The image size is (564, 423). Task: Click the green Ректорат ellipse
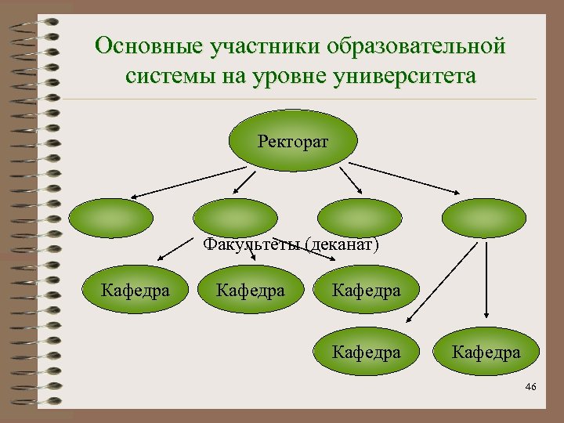tap(293, 142)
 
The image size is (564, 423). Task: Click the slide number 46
tap(530, 388)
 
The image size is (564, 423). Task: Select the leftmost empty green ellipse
tap(110, 218)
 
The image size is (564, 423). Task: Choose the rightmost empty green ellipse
tap(483, 218)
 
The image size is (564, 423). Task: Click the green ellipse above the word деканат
tap(359, 218)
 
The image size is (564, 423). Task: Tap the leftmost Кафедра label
tap(136, 291)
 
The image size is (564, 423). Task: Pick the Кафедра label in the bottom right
tap(486, 352)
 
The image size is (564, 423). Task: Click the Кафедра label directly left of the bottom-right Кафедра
tap(366, 352)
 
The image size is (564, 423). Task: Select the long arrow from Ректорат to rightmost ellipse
tap(404, 178)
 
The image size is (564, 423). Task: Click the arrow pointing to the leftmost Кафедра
tap(176, 248)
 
